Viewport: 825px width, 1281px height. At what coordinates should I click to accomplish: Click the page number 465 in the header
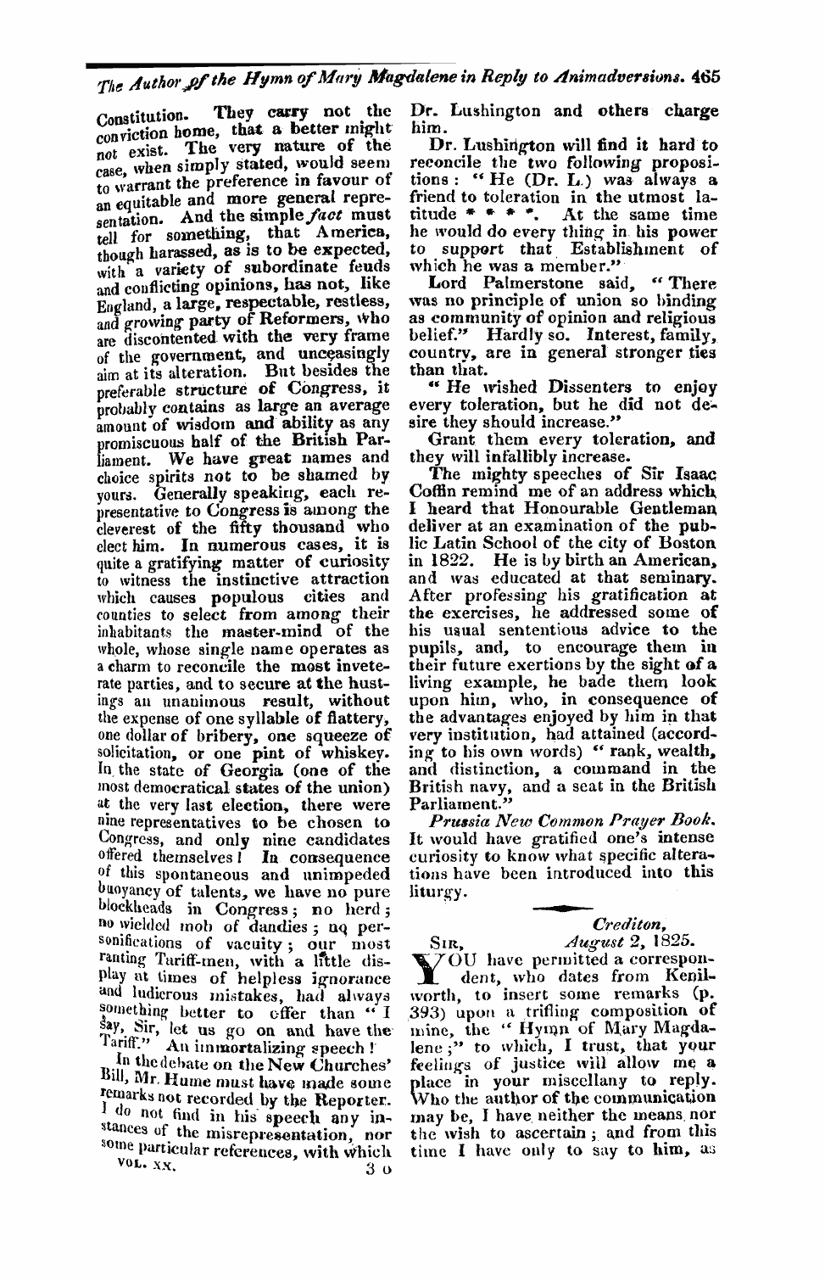coord(705,74)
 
